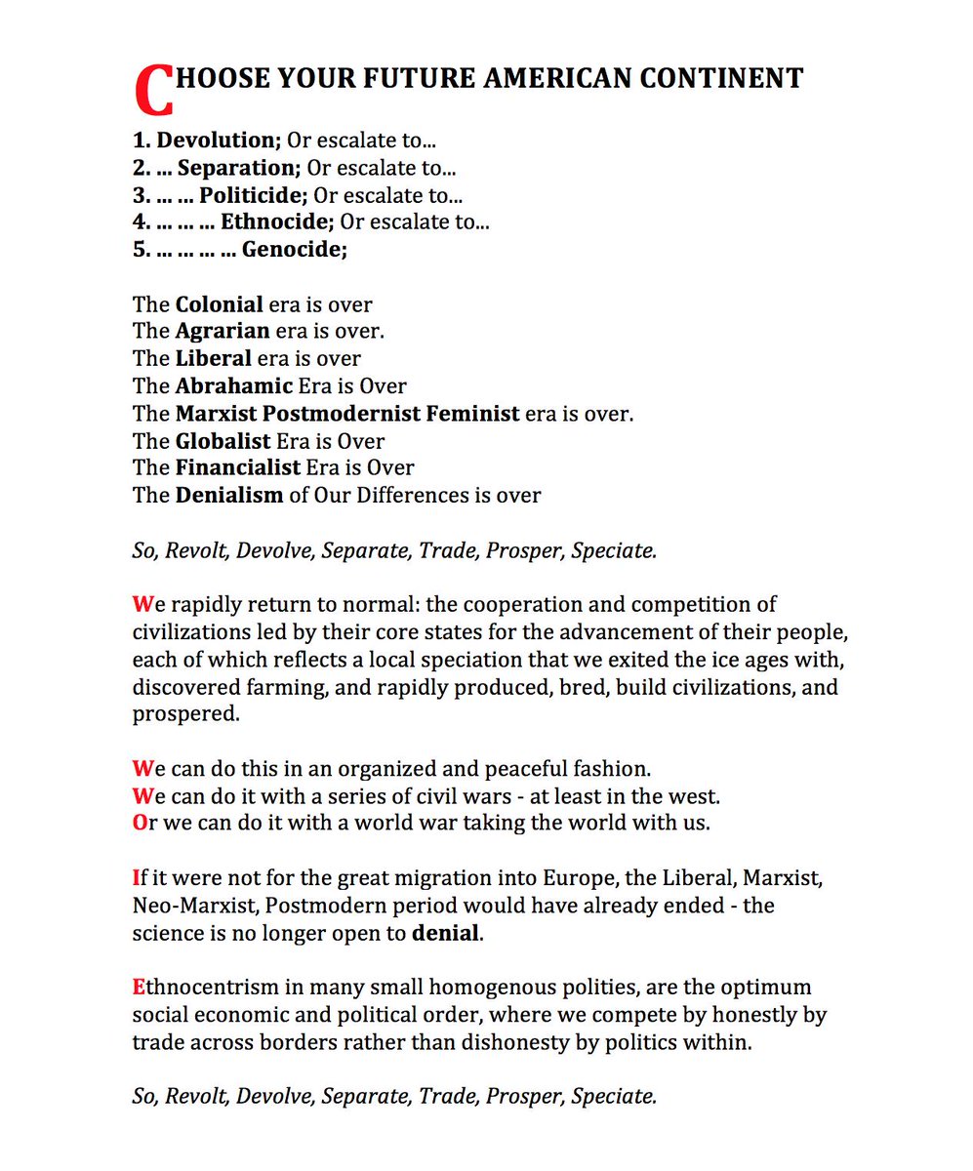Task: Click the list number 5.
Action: click(139, 249)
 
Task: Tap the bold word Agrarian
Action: click(223, 332)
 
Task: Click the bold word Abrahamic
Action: click(234, 385)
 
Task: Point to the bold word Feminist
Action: click(473, 413)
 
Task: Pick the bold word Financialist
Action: click(238, 467)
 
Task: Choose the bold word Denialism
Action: click(229, 495)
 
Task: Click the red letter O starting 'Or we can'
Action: click(139, 822)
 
